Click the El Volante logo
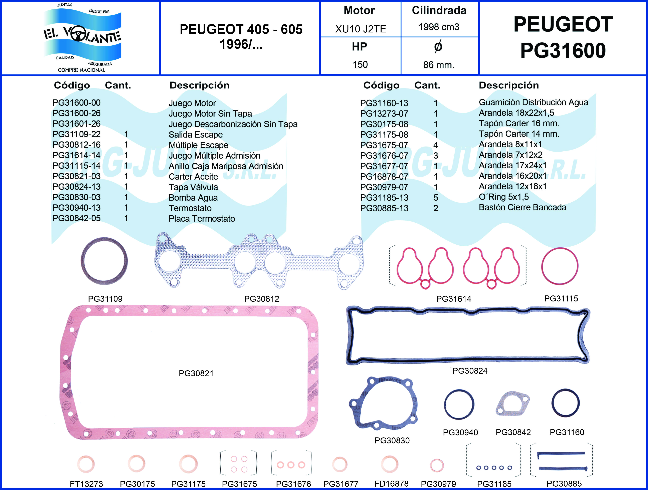point(82,37)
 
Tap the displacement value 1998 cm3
point(439,27)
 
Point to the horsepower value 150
point(360,64)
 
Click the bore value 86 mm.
point(439,65)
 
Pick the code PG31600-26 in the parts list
point(76,113)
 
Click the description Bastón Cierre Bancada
point(522,207)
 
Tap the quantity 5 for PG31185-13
point(436,198)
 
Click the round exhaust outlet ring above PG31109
point(104,261)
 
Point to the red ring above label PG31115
point(560,266)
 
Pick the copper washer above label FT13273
point(86,464)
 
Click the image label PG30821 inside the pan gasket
point(196,374)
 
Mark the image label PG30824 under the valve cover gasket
point(470,371)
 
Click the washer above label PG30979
point(437,465)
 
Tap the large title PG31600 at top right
point(563,50)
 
